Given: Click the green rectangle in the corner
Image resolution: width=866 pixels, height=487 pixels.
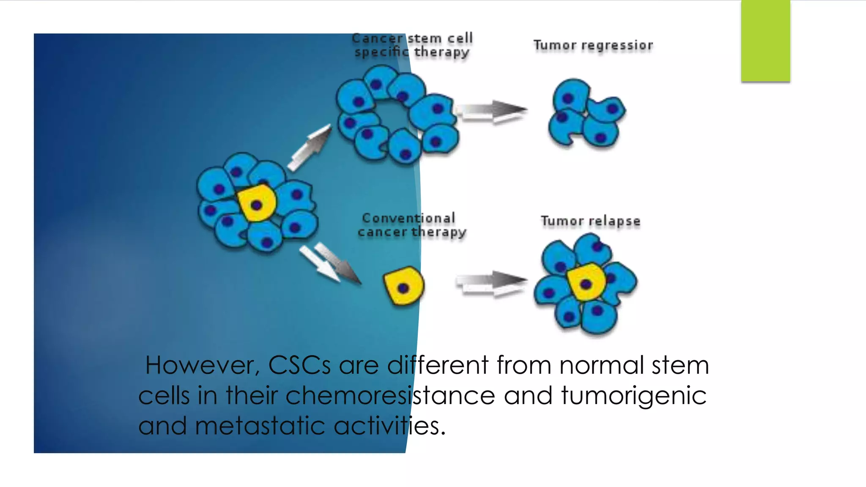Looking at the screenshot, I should coord(765,41).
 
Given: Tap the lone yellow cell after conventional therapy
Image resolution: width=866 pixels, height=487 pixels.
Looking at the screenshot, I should coord(404,286).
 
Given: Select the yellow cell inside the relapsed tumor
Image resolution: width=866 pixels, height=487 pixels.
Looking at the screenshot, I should coord(586,282).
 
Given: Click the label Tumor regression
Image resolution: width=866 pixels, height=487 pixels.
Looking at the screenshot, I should coord(593,45).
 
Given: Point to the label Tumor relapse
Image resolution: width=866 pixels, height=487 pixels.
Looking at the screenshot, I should coord(590,221).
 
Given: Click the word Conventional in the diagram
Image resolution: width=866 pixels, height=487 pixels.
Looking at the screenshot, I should coord(408,218).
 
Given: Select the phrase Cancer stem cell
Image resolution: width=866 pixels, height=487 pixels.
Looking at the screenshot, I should coord(412,38).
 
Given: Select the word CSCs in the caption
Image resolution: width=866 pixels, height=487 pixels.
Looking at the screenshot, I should coord(299,365).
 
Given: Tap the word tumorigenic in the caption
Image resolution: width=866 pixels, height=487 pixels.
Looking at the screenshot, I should coord(633,396).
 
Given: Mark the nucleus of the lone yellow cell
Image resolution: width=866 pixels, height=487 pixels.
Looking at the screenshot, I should coord(403,288).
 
